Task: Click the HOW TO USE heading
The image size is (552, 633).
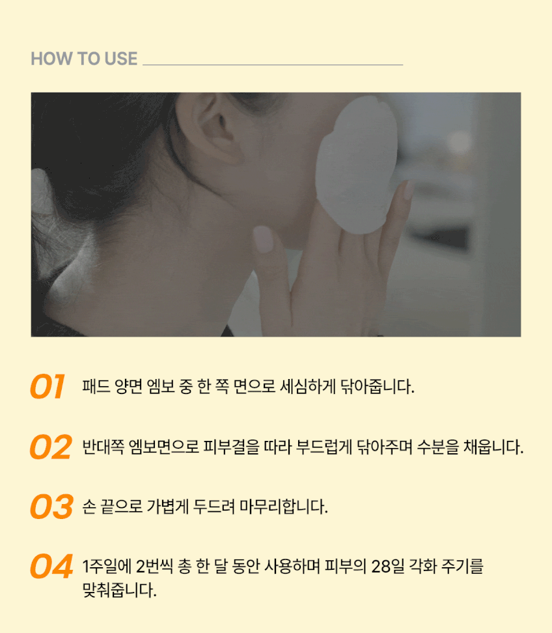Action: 84,59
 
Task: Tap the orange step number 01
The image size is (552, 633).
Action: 48,386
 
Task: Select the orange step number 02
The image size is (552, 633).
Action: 51,447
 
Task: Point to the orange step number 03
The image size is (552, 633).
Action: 51,506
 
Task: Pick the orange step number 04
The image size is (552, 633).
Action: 51,566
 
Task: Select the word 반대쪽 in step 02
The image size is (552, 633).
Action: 103,447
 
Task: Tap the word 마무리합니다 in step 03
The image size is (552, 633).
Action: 284,506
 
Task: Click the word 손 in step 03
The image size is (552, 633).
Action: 89,507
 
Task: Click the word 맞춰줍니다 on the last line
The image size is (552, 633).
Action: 119,590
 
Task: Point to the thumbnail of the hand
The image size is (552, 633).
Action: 264,239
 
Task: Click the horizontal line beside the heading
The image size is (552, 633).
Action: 273,64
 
